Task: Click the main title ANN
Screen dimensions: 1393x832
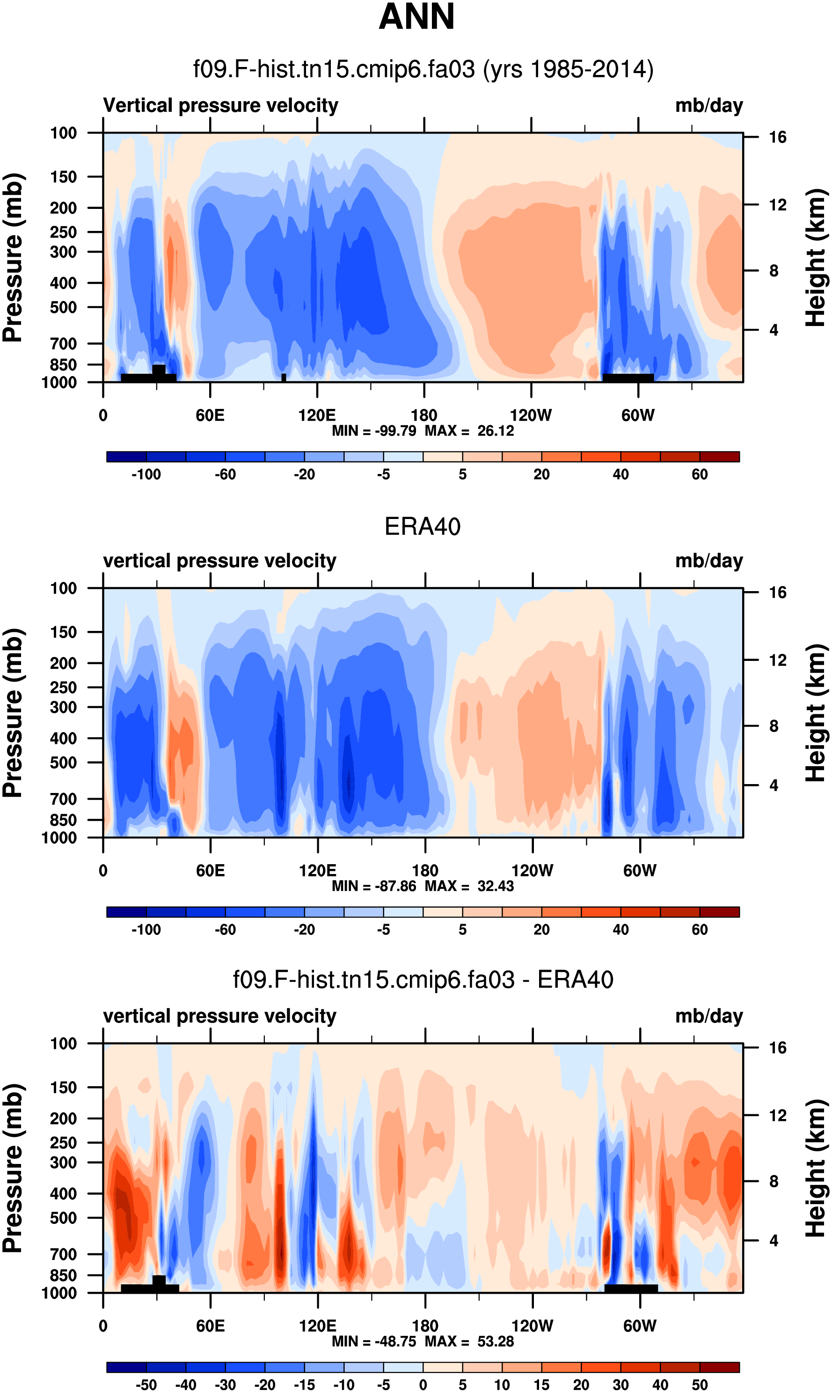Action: (416, 17)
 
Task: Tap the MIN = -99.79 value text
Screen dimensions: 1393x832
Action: (374, 431)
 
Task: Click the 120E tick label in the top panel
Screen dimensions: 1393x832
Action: (317, 416)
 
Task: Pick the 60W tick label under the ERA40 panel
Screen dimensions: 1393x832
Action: (640, 871)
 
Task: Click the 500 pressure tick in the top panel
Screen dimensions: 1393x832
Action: (63, 307)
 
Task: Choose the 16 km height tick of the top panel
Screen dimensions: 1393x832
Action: (777, 137)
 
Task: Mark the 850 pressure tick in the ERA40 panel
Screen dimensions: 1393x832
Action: (63, 820)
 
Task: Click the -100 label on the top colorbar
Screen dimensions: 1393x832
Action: (146, 474)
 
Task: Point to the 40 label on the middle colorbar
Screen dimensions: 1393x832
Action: (620, 930)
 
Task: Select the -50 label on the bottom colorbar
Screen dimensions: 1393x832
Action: (146, 1385)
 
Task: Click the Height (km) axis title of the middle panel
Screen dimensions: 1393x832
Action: (816, 713)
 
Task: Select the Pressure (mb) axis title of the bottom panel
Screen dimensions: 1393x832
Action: (12, 1169)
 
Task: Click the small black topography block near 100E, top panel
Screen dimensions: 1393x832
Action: (284, 378)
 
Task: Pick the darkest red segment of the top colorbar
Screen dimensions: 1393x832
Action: (719, 457)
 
